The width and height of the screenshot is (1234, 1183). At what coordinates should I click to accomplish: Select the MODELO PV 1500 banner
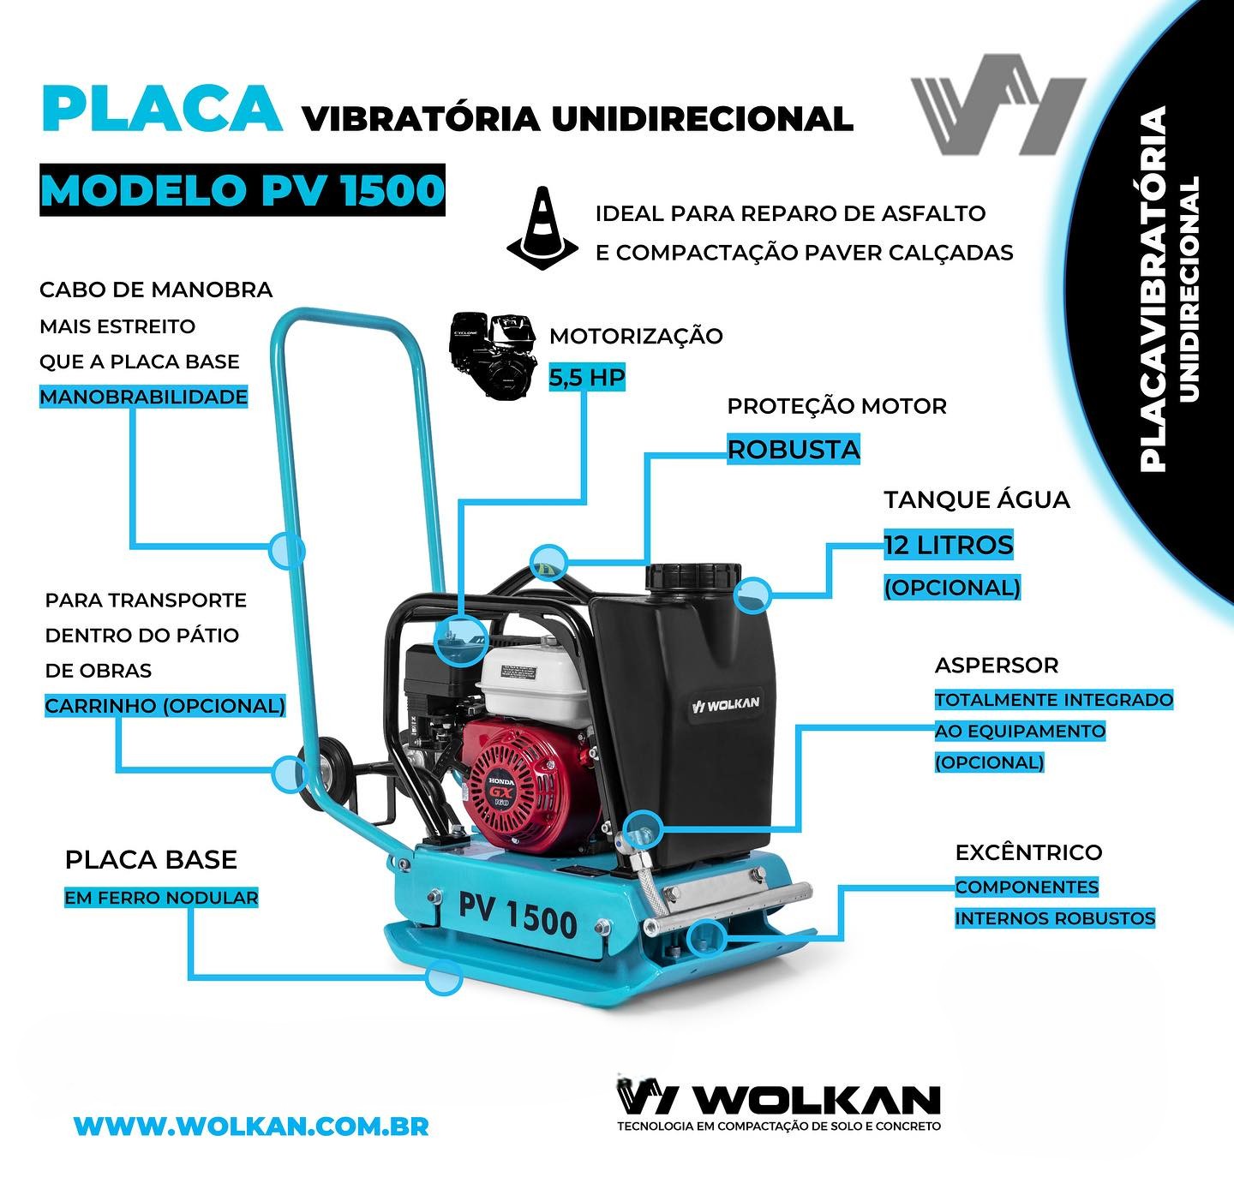[243, 189]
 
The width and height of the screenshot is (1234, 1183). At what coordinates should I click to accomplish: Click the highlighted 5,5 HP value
[586, 377]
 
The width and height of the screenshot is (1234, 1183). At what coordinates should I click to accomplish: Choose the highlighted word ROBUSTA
[794, 450]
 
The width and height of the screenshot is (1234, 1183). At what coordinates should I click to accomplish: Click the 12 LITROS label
[949, 545]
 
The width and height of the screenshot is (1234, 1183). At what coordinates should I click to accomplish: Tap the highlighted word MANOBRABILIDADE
[143, 397]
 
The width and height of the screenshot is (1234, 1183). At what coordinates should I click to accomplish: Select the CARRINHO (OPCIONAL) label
[165, 705]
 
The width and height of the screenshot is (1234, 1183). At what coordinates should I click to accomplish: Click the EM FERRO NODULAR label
[161, 897]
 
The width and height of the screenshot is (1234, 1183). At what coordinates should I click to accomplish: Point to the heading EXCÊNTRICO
[1028, 852]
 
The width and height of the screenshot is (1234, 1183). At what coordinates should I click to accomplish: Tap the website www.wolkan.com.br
[251, 1126]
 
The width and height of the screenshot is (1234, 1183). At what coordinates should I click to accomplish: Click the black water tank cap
[693, 576]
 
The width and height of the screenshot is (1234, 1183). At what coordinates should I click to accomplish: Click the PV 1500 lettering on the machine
[518, 916]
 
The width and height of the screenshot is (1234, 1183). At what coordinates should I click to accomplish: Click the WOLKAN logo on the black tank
[725, 704]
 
